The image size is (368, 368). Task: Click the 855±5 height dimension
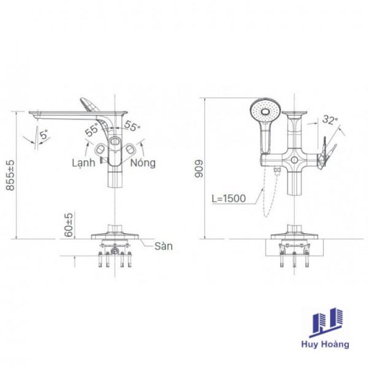(x=10, y=175)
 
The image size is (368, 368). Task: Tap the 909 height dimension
(x=199, y=169)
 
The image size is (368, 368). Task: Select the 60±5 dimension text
(x=69, y=225)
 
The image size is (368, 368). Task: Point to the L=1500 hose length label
(x=229, y=198)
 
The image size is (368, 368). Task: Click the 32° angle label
(x=330, y=120)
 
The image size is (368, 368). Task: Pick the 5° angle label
(x=44, y=135)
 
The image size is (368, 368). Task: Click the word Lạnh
(x=83, y=163)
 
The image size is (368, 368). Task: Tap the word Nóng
(x=143, y=163)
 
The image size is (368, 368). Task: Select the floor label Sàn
(x=163, y=246)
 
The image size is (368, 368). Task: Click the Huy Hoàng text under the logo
(x=325, y=344)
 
